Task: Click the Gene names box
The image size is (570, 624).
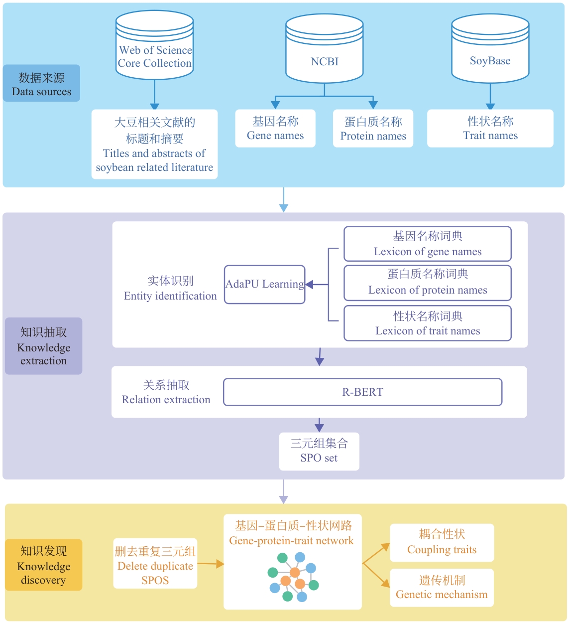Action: click(x=275, y=129)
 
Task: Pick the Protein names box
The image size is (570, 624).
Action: click(x=373, y=129)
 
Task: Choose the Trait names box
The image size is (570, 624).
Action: click(x=490, y=129)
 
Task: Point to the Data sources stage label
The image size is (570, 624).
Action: click(x=42, y=83)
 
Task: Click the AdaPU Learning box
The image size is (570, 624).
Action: click(x=264, y=285)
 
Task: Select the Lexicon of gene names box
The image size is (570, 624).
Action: click(x=428, y=244)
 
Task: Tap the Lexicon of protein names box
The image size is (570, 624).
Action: click(x=428, y=283)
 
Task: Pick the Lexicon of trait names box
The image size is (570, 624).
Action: click(x=428, y=323)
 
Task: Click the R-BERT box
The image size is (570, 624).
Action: click(x=362, y=392)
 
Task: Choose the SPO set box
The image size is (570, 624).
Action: click(x=319, y=451)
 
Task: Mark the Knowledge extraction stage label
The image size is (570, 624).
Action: click(x=44, y=346)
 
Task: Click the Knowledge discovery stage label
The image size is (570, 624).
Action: click(x=44, y=565)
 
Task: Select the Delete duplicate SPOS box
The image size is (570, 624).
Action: click(x=155, y=564)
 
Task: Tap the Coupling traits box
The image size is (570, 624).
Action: click(x=442, y=543)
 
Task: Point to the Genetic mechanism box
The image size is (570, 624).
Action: click(x=442, y=588)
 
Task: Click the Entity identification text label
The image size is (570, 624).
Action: click(x=170, y=289)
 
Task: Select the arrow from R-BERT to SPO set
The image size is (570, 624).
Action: click(x=319, y=425)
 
